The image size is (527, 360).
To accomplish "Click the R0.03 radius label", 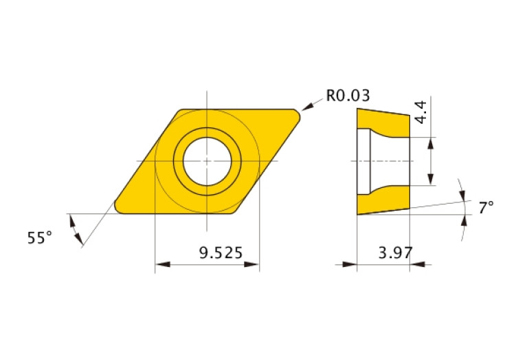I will (x=348, y=96).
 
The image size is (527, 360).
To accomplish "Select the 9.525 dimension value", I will (x=221, y=253).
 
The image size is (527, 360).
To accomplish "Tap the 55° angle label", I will (x=40, y=238).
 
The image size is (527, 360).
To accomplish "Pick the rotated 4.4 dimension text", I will (x=422, y=112).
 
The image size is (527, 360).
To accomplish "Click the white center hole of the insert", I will (x=207, y=160).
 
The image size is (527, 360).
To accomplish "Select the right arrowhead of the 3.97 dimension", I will (x=416, y=264).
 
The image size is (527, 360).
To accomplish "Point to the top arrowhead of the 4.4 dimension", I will (x=431, y=143).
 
